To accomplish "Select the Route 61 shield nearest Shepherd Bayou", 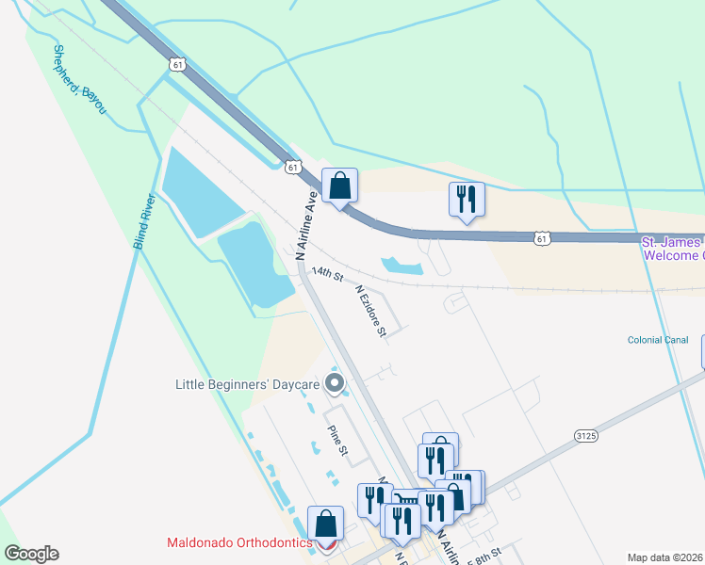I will [179, 63].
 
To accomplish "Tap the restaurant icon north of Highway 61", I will [466, 200].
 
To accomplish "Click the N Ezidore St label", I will [370, 311].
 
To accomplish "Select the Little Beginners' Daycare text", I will [247, 383].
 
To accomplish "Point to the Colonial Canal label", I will [658, 340].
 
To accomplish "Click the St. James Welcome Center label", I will [672, 249].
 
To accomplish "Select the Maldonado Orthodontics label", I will [239, 543].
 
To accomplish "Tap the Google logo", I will [31, 554].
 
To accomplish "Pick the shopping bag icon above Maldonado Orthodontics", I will [325, 522].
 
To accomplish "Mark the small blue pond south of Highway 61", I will [402, 266].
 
